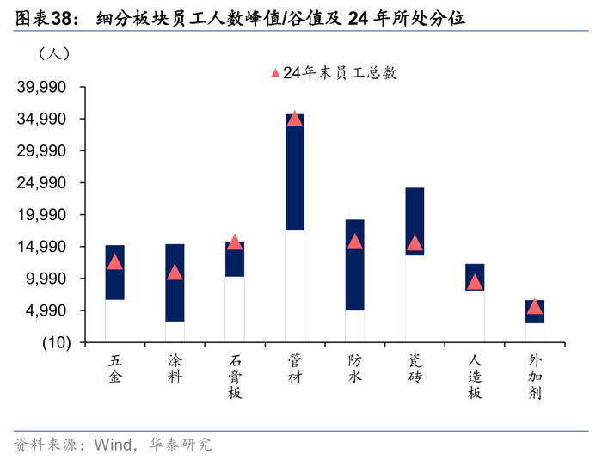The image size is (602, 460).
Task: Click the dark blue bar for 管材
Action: pos(295,172)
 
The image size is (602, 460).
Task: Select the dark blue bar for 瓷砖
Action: pos(415,222)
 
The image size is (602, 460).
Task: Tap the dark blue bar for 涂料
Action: pos(175,283)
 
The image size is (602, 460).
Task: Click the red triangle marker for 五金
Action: pos(114,262)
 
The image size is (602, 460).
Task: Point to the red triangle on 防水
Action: pos(354,242)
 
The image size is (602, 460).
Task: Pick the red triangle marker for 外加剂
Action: pos(535,306)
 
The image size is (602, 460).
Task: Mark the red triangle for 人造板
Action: pos(475,282)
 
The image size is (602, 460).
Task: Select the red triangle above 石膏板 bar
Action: pos(235,242)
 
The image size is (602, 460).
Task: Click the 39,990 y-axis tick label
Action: pos(41,87)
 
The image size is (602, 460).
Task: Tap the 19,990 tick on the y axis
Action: pos(41,215)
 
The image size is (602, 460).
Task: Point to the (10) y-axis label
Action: pos(57,342)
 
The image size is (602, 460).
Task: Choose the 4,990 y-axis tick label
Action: pos(46,310)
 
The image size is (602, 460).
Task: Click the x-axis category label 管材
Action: pos(295,370)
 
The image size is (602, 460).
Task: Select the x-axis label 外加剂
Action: pos(535,377)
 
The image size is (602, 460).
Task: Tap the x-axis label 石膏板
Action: pos(235,377)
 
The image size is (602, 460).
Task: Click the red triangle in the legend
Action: pos(275,72)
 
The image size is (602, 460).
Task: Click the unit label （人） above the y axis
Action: pos(54,53)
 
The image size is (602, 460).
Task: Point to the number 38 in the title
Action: pos(61,18)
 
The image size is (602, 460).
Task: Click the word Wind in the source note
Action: pos(114,445)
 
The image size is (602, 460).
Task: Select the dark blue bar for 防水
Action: pos(354,265)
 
